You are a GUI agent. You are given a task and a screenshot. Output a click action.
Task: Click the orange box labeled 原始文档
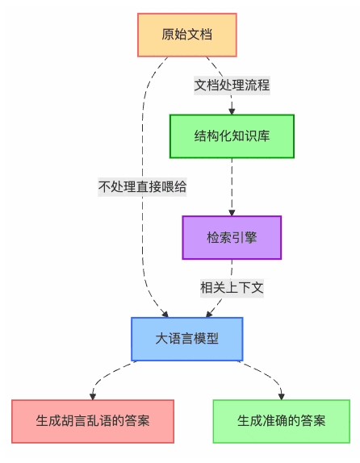tap(186, 35)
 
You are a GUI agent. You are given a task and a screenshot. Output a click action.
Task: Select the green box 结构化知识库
tap(232, 136)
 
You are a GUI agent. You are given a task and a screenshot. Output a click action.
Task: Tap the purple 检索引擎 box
tap(232, 237)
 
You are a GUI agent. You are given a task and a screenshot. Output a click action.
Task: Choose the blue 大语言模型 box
tap(186, 339)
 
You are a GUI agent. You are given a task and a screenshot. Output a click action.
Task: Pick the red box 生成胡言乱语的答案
tap(93, 420)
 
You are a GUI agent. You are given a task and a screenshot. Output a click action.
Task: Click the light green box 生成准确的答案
tap(282, 420)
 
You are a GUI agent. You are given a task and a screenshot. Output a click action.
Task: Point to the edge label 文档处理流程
tap(232, 85)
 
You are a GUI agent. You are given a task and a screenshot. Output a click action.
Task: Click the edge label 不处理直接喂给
tap(143, 186)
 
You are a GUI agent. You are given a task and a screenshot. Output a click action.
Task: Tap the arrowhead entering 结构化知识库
tap(232, 111)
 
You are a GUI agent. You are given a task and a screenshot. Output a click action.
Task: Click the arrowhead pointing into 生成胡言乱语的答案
tap(93, 395)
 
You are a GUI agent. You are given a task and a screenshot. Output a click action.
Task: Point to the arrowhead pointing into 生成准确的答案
tap(282, 395)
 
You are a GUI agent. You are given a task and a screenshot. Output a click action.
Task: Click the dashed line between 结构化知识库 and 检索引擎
tap(232, 186)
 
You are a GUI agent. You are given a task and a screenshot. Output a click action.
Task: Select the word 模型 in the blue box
tap(207, 339)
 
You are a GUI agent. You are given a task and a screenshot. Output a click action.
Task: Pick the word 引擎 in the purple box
tap(245, 237)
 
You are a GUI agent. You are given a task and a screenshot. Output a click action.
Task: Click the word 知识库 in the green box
tap(250, 136)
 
